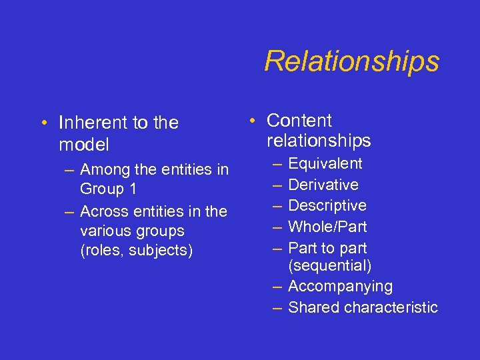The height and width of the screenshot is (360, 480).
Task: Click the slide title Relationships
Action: pos(351,61)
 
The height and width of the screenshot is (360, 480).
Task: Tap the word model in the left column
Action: pos(83,145)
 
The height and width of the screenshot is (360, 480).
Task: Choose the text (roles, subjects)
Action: pos(136,250)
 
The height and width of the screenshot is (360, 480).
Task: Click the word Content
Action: pos(299,121)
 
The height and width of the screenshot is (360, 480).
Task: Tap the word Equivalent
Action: pos(325,164)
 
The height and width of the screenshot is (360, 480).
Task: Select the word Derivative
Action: pos(323,185)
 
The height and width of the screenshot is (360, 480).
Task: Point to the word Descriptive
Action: pos(327,205)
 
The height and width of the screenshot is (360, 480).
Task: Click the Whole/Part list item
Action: pos(327,227)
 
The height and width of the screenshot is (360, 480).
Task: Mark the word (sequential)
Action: pos(330,266)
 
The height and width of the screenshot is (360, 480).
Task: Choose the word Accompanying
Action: pos(341,287)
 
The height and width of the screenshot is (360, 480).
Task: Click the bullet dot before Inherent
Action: pos(43,123)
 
